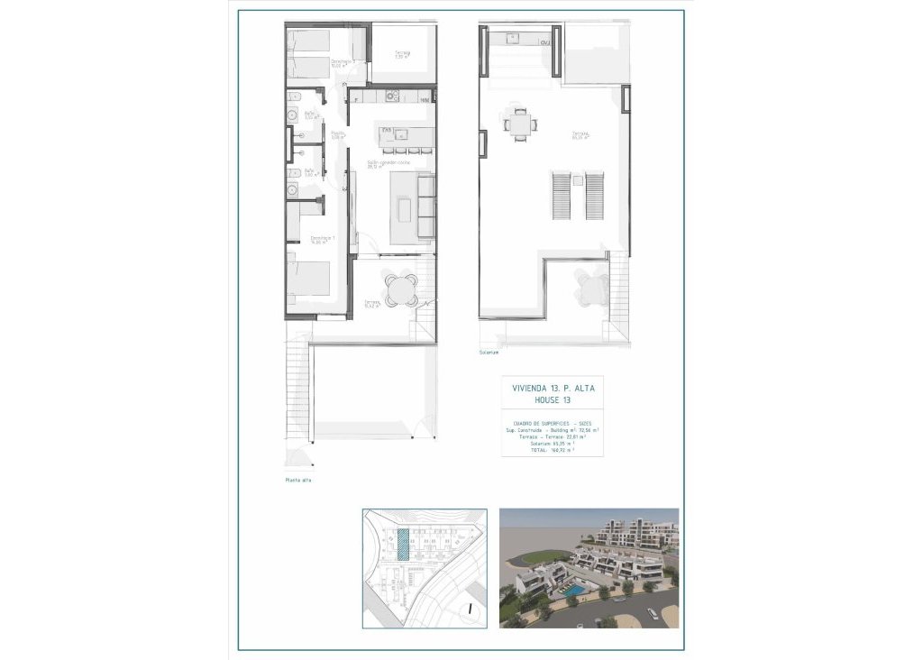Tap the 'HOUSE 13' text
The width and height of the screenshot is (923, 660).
tap(553, 399)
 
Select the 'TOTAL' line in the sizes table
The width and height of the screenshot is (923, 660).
tap(553, 450)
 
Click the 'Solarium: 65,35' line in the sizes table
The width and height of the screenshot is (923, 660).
tap(553, 443)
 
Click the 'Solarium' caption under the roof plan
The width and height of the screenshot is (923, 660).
tap(490, 353)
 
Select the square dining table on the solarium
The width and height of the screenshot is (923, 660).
tap(518, 124)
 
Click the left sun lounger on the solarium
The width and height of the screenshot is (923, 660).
tap(559, 196)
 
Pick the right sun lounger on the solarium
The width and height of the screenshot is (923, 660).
tap(594, 196)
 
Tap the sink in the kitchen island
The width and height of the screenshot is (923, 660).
tap(402, 135)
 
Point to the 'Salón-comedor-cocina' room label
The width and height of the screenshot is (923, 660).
tap(388, 163)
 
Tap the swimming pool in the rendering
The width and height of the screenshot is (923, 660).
tap(573, 590)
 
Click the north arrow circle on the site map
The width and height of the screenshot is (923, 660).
tap(471, 610)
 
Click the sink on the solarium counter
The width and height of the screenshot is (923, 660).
tap(513, 37)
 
